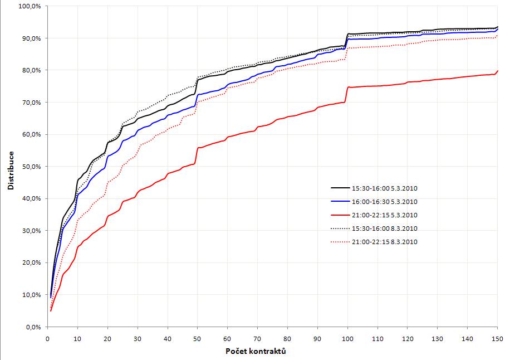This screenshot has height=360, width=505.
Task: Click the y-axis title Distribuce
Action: click(11, 167)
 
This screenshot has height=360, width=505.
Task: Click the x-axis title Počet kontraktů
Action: click(257, 352)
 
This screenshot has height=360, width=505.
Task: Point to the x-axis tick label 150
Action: click(497, 338)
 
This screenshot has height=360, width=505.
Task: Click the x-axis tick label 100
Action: click(347, 338)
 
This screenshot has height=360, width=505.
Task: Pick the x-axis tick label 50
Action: click(197, 338)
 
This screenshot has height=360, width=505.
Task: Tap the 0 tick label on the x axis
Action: click(47, 338)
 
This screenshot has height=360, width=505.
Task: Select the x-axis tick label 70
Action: click(257, 338)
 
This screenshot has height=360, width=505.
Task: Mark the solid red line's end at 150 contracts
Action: click(497, 71)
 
